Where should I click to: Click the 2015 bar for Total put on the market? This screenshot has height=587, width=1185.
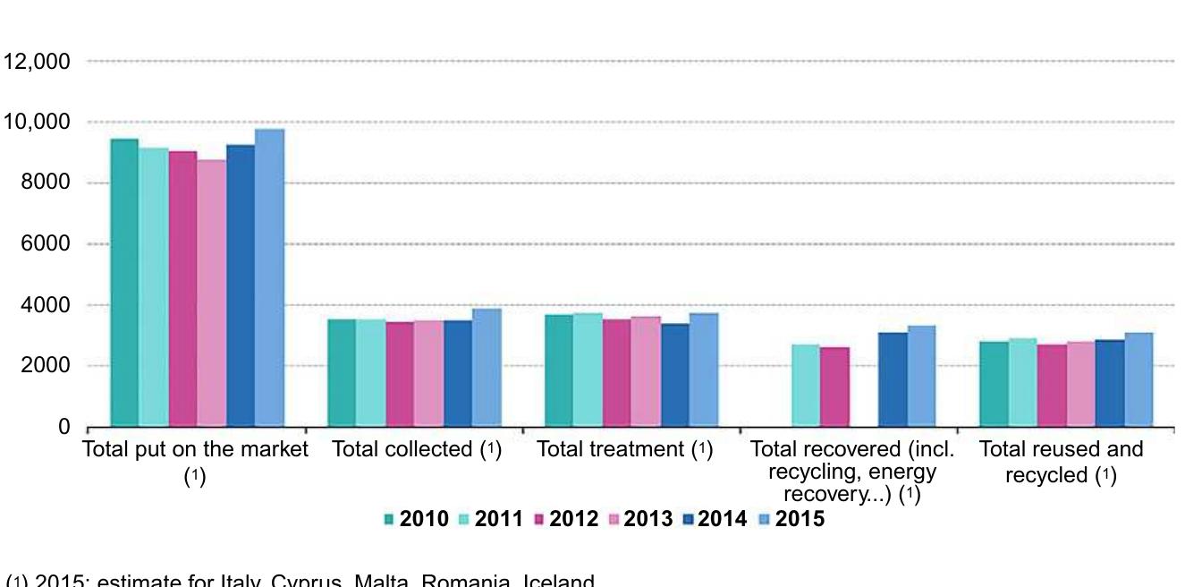(269, 277)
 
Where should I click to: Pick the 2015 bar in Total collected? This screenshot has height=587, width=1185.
(487, 368)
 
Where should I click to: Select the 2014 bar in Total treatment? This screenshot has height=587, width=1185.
(675, 375)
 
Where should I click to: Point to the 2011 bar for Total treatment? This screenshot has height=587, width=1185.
(588, 370)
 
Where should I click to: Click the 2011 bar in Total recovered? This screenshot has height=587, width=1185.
(806, 386)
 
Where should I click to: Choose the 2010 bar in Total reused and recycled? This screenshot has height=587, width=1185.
(995, 384)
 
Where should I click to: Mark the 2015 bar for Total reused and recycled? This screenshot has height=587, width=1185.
(1138, 379)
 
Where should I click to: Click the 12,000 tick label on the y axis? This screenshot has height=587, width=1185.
(37, 62)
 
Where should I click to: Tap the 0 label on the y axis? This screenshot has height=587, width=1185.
(63, 428)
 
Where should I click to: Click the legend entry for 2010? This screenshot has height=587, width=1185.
(416, 519)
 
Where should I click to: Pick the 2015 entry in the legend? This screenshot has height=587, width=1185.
(791, 519)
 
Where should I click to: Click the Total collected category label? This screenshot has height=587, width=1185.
(416, 450)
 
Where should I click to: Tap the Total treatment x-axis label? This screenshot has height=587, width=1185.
(624, 450)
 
